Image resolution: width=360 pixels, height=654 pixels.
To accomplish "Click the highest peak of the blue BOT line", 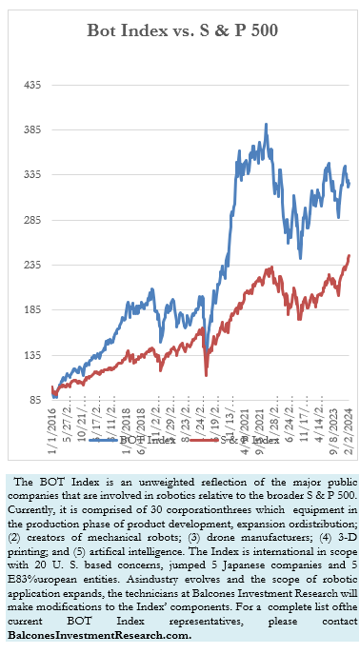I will (x=266, y=124).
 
